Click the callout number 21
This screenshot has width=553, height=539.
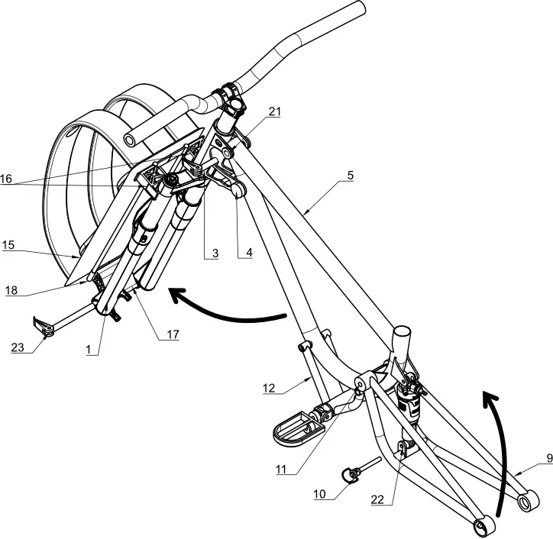275,111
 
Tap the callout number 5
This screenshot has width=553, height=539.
351,175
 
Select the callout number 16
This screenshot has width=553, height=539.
6,179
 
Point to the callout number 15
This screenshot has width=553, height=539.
8,244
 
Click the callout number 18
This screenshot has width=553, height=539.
11,290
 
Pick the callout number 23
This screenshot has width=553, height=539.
18,347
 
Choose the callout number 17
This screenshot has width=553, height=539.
173,334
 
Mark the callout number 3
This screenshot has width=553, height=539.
215,253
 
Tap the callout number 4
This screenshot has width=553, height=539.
249,253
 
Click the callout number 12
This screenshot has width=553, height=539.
269,388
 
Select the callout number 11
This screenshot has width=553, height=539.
281,470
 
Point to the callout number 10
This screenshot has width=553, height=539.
319,494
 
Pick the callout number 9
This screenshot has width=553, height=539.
549,458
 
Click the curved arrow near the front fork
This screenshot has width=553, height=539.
226,315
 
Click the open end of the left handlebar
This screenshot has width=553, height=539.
130,140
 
